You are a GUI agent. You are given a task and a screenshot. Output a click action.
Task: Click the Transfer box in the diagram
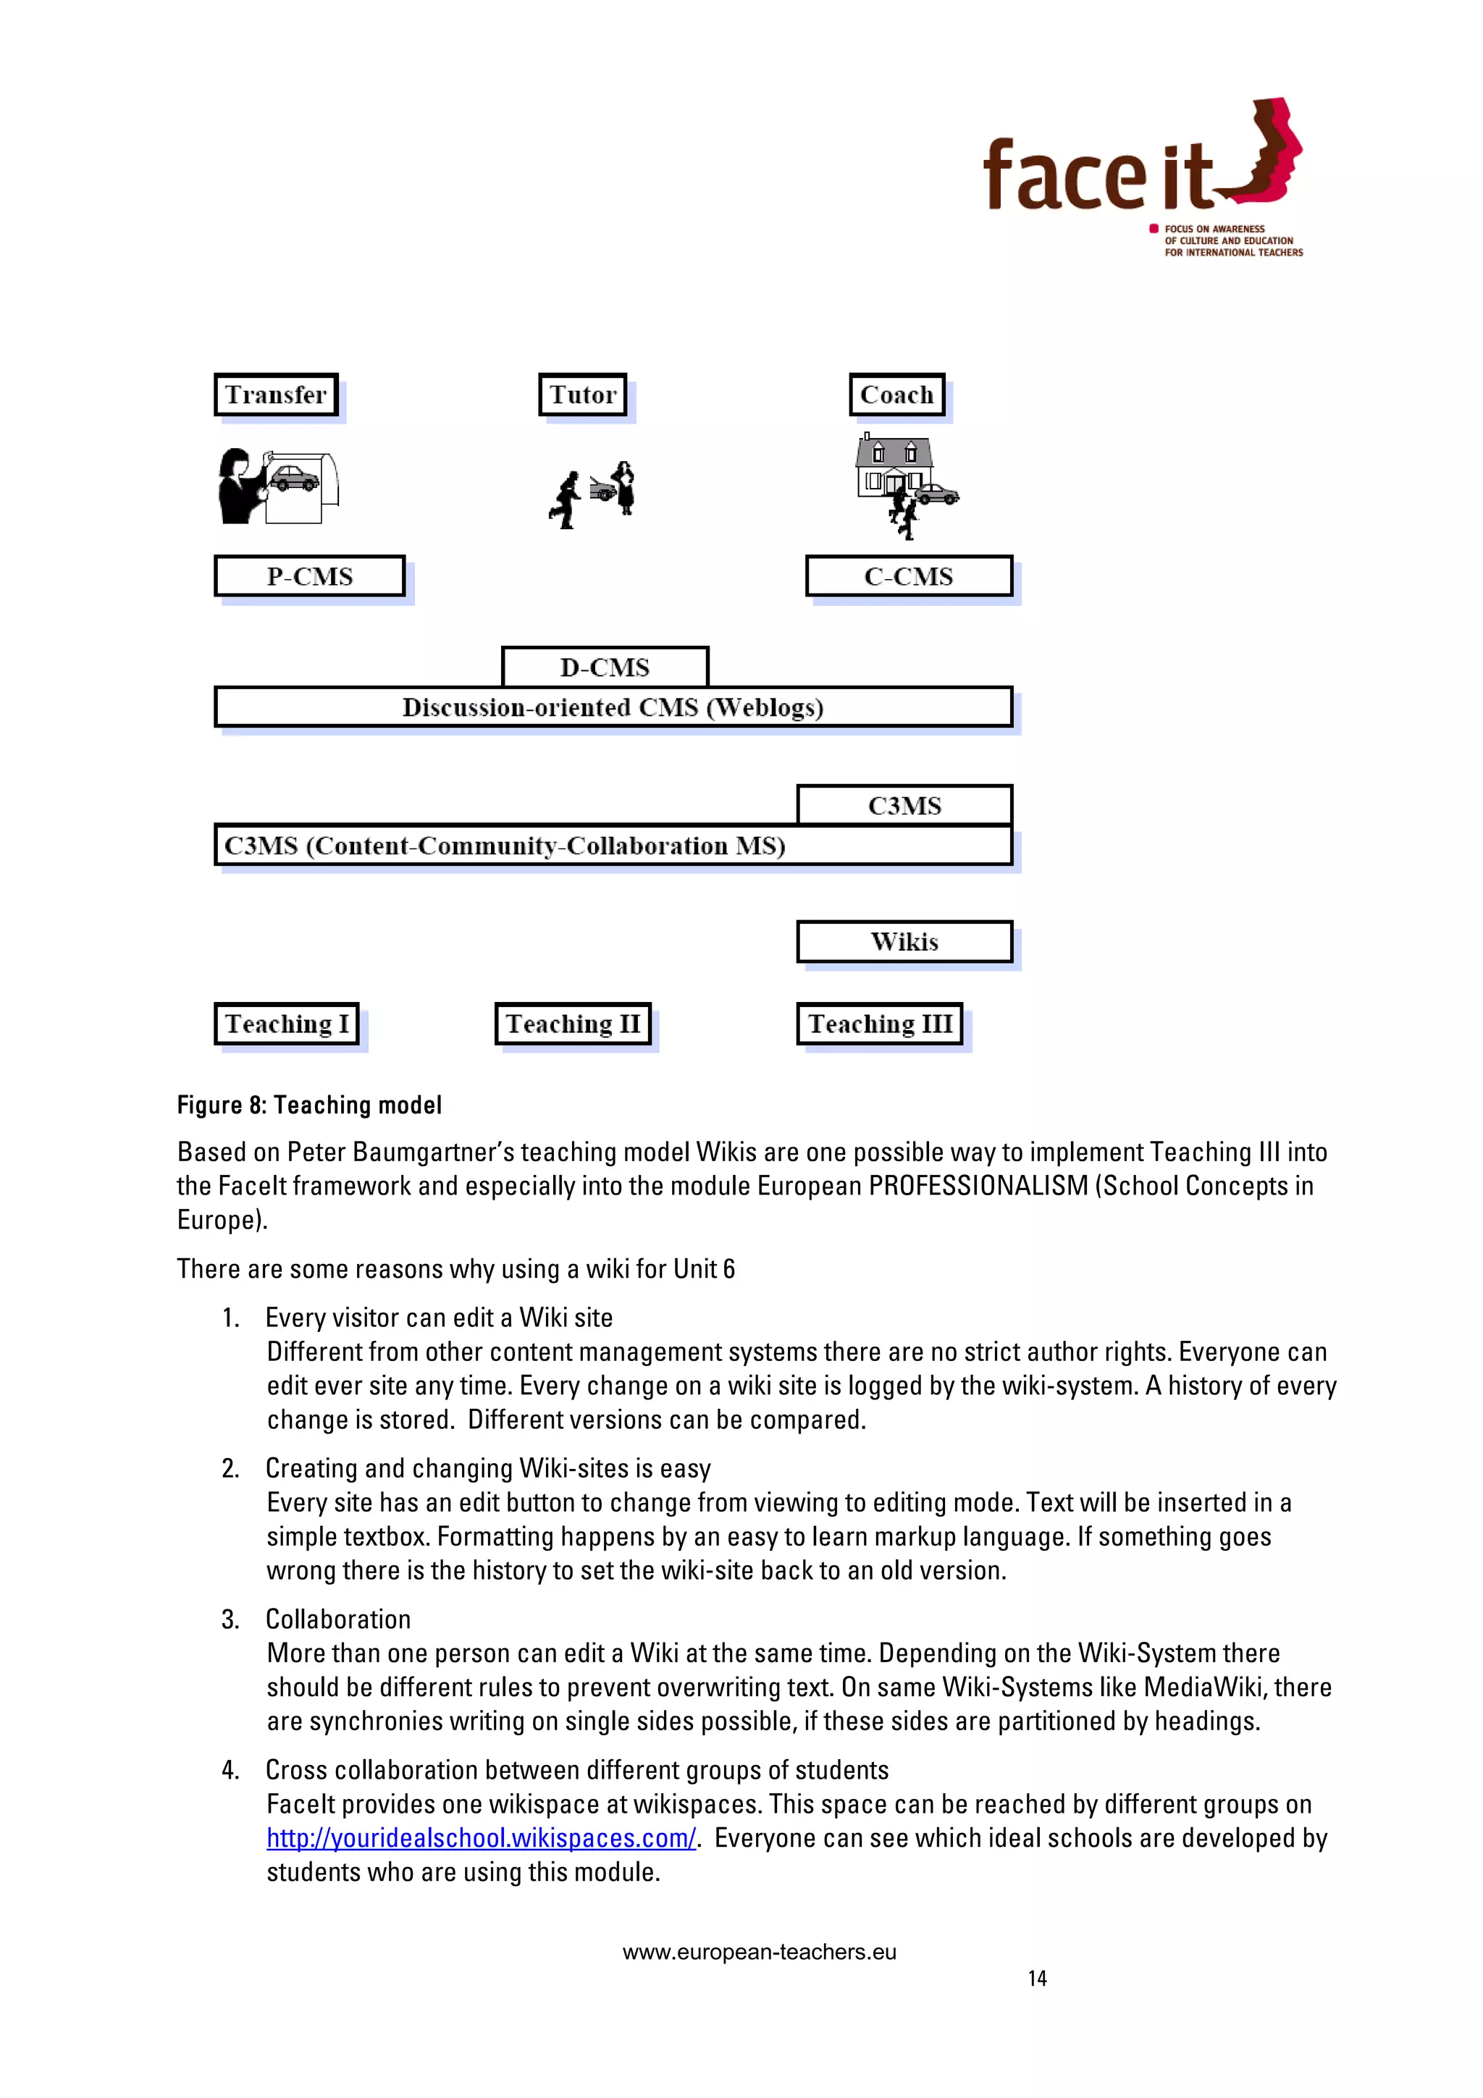tap(276, 395)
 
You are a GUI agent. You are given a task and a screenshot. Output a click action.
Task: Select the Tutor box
tap(583, 395)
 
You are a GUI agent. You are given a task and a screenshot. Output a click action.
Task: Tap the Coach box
tap(896, 395)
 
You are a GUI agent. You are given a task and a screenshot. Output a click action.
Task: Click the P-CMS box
tap(310, 576)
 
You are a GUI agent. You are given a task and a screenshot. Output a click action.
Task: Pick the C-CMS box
tap(908, 576)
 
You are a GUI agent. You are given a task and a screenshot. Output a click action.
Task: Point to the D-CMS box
tap(605, 667)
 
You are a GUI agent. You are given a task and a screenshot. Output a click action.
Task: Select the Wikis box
tap(904, 942)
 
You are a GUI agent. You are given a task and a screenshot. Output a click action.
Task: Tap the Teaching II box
tap(573, 1024)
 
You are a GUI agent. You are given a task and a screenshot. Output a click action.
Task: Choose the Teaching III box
tap(880, 1024)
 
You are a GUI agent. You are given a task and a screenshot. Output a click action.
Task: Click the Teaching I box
tap(287, 1024)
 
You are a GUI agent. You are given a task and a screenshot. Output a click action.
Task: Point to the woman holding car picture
tap(277, 486)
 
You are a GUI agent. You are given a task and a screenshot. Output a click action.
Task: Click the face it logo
tap(1142, 174)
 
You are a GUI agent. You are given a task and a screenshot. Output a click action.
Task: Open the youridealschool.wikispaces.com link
tap(481, 1837)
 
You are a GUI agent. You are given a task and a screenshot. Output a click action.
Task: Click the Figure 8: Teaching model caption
tap(309, 1105)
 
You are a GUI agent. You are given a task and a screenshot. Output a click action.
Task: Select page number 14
tap(1036, 1979)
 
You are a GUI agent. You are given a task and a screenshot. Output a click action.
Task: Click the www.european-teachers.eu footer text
tap(760, 1952)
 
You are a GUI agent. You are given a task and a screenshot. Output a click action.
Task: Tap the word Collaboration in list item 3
tap(338, 1619)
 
